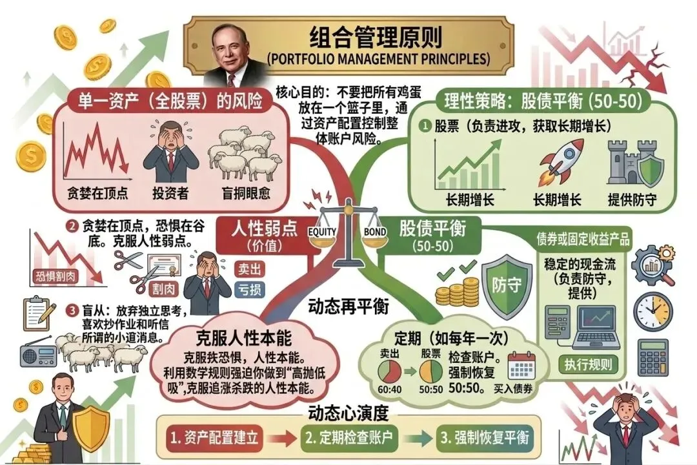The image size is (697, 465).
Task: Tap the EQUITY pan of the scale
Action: (323, 237)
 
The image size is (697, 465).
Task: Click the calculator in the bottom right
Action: (652, 357)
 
